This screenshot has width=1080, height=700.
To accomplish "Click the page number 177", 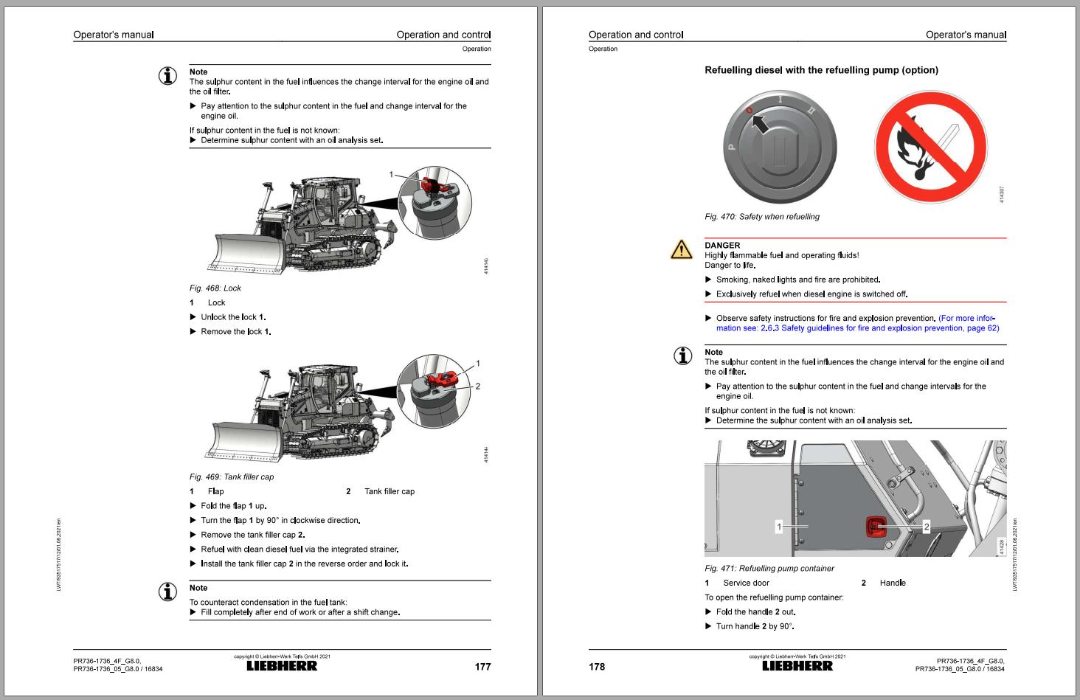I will [x=482, y=667].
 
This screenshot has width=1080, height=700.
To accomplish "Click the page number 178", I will [x=597, y=667].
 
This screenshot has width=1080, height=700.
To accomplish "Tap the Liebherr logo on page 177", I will [x=281, y=666].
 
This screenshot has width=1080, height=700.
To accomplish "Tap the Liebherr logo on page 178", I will [x=797, y=666].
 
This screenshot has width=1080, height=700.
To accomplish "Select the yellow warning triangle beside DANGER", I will [x=681, y=250].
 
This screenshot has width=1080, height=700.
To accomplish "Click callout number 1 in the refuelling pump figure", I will [x=778, y=527].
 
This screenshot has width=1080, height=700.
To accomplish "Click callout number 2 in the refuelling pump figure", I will [x=927, y=527].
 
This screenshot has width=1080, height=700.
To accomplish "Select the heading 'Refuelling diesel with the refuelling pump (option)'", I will [x=821, y=70].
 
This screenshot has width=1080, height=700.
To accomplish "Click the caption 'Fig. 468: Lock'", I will [x=215, y=288].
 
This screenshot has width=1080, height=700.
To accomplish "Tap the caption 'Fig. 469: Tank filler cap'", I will [x=232, y=477].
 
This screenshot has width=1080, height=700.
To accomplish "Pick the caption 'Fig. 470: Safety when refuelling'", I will [x=761, y=217].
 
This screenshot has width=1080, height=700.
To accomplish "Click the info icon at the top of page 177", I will [x=169, y=76].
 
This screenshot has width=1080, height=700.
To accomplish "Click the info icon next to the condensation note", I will [x=169, y=592].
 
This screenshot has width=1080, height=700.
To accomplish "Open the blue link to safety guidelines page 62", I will [x=857, y=328].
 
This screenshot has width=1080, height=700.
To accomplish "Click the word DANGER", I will [x=722, y=246].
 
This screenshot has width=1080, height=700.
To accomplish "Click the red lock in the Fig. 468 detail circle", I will [x=432, y=182].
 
